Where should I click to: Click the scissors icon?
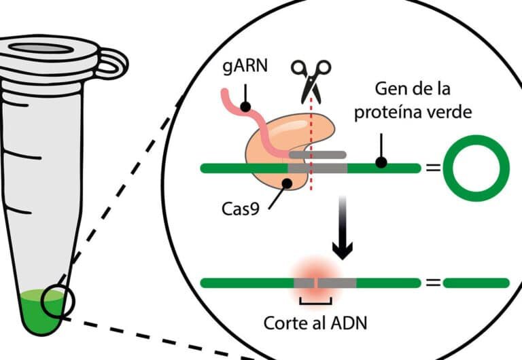pyautogui.click(x=311, y=77)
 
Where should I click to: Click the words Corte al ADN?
pyautogui.click(x=315, y=322)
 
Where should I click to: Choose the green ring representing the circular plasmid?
pyautogui.click(x=476, y=167)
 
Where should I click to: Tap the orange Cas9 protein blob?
pyautogui.click(x=272, y=146)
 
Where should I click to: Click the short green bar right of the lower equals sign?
pyautogui.click(x=476, y=282)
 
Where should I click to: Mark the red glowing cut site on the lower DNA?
pyautogui.click(x=314, y=281)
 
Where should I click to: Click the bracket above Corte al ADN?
pyautogui.click(x=315, y=301)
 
